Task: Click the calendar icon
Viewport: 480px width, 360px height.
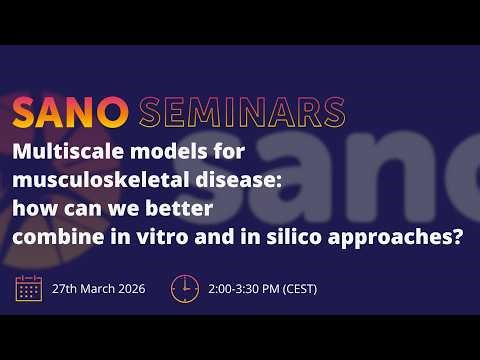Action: click(28, 288)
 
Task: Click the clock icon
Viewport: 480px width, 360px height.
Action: click(185, 288)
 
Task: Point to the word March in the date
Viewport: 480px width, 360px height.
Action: click(106, 289)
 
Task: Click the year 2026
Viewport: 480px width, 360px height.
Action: click(135, 289)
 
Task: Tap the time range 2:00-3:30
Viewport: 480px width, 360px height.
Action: click(236, 289)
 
